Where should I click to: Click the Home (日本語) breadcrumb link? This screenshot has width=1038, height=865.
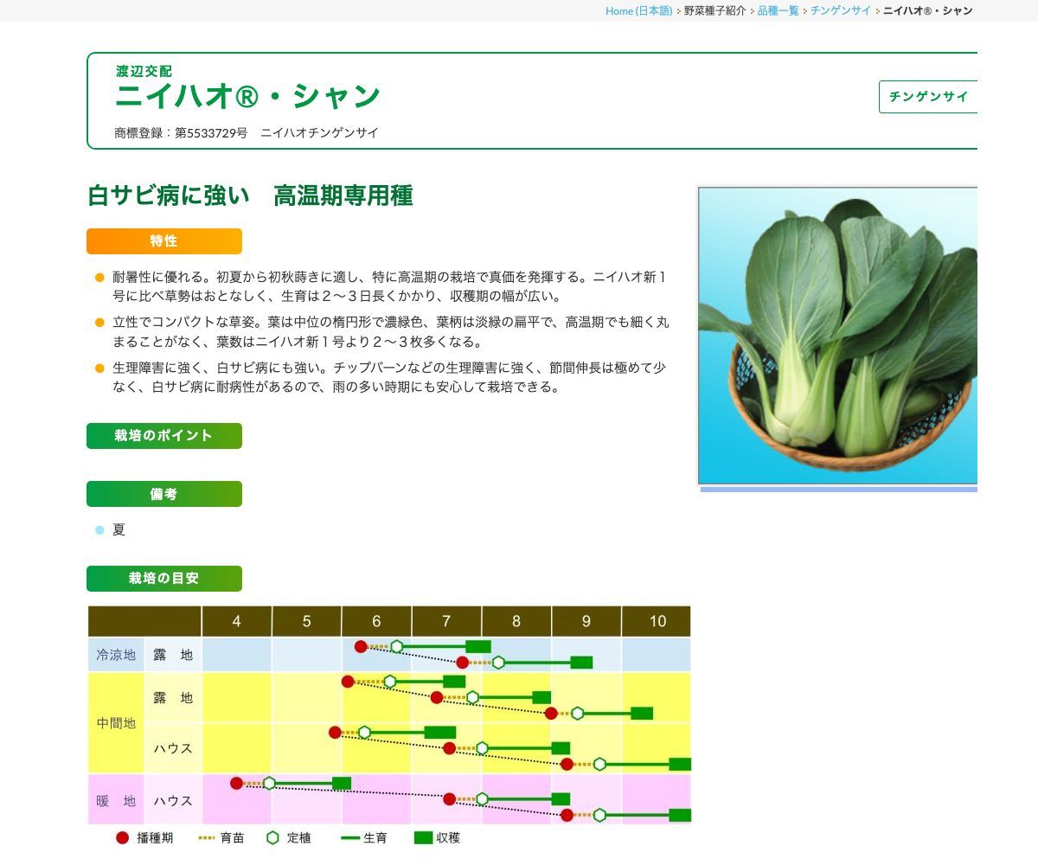tap(638, 10)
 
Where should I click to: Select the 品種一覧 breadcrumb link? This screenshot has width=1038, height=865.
tap(778, 10)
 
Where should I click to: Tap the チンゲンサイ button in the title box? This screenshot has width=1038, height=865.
tap(928, 97)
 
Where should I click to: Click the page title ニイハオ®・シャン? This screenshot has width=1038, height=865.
tap(247, 96)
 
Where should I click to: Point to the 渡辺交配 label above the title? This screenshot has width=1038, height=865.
tap(144, 71)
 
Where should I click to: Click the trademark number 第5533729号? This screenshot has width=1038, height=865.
tap(211, 132)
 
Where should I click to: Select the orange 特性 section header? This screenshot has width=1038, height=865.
tap(164, 241)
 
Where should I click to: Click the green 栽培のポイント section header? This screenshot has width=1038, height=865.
tap(164, 436)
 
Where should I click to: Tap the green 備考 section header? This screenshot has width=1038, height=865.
tap(164, 494)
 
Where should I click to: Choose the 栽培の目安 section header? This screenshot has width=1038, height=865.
tap(164, 579)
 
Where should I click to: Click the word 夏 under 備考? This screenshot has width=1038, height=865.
tap(119, 530)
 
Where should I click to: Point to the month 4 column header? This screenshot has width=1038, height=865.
tap(237, 621)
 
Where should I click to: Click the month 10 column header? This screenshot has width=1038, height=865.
tap(657, 621)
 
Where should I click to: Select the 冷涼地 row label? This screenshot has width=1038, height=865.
tap(116, 656)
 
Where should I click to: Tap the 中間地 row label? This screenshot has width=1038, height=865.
tap(116, 723)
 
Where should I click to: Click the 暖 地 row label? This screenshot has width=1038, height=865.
tap(116, 801)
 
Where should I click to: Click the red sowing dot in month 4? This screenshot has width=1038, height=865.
tap(236, 783)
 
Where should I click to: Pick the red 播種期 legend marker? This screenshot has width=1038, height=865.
tap(122, 837)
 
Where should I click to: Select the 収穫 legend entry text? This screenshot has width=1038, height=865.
tap(448, 837)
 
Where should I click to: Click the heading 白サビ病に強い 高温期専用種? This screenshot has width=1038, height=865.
tap(250, 196)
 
